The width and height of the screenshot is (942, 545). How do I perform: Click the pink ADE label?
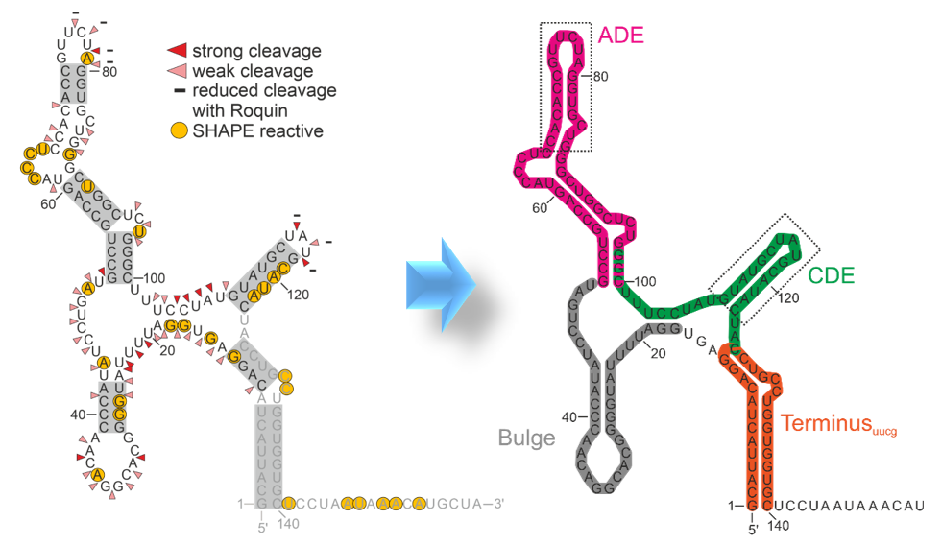pyautogui.click(x=620, y=36)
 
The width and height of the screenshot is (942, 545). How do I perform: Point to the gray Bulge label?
pyautogui.click(x=526, y=438)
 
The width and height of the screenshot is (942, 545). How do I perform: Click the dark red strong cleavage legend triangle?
pyautogui.click(x=178, y=51)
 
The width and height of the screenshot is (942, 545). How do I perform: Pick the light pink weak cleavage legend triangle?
pyautogui.click(x=178, y=72)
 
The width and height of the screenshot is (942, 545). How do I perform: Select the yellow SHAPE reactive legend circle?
pyautogui.click(x=179, y=130)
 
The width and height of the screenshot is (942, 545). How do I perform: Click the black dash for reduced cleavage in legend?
pyautogui.click(x=179, y=91)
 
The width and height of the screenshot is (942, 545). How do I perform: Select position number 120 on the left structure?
pyautogui.click(x=298, y=294)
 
